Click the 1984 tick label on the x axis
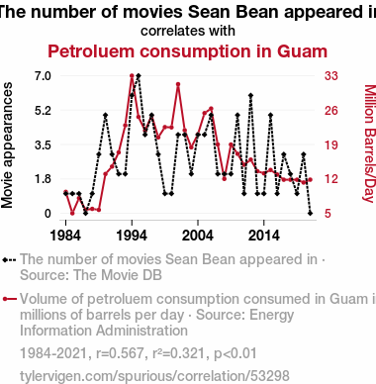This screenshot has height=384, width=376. [65, 236]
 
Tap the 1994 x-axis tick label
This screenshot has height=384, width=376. [132, 236]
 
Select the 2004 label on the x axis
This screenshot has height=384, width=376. [198, 236]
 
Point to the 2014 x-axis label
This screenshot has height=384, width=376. [263, 236]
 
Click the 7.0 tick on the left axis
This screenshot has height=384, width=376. [43, 76]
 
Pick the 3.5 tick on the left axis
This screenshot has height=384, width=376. [43, 144]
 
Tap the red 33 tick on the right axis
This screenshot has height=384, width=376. [331, 76]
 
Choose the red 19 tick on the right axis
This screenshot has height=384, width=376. [331, 144]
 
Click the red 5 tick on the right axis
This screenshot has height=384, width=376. [328, 214]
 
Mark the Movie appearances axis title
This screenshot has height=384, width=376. [7, 144]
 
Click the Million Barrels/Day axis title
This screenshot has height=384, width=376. [370, 144]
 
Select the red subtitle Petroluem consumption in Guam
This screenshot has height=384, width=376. [188, 51]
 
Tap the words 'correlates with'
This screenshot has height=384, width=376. [188, 31]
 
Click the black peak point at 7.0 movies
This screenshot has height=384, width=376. [139, 76]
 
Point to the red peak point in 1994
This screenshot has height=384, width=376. [132, 76]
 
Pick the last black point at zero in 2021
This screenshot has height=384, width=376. [310, 214]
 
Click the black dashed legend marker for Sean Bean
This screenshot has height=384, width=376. [9, 259]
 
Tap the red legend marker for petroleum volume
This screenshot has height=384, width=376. [9, 299]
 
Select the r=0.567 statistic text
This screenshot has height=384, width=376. [120, 353]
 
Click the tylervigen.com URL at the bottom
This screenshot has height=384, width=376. [154, 376]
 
